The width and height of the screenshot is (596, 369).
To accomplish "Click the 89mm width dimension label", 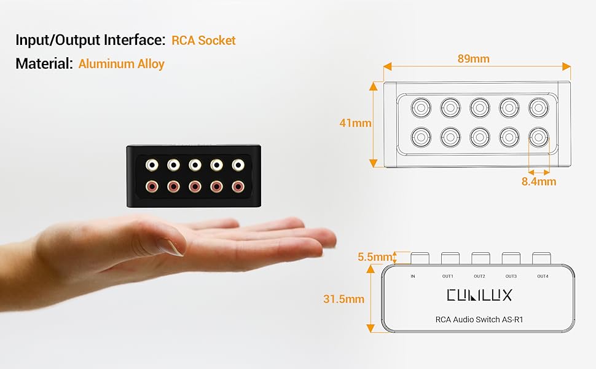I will [473, 59].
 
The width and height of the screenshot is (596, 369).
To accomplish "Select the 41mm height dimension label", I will [355, 123].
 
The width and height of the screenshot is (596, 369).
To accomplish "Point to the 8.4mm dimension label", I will [538, 181].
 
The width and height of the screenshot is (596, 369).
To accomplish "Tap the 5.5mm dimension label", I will [373, 257].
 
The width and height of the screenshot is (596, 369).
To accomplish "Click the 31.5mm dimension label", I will [343, 300].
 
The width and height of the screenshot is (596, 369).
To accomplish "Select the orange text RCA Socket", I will [203, 41].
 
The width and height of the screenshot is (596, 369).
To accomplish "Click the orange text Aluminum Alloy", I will [122, 63].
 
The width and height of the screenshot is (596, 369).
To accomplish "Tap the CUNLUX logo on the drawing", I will [479, 295].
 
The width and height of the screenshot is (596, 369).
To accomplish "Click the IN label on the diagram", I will [413, 276].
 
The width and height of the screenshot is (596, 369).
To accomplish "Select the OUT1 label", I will [447, 276].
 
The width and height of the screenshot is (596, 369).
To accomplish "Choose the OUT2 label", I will [479, 276].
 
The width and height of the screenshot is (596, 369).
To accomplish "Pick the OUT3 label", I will [511, 276].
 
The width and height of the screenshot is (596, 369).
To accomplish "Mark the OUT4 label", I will [543, 276].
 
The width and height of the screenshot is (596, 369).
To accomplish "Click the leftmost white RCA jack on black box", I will [151, 165].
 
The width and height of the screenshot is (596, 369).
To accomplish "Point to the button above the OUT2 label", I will [480, 258].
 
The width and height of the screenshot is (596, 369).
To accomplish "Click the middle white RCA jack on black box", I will [195, 165].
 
